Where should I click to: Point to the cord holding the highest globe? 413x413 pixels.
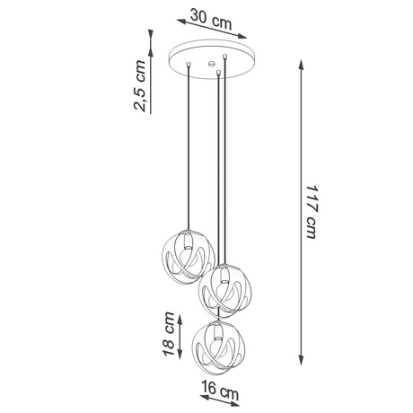(x=189, y=153)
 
